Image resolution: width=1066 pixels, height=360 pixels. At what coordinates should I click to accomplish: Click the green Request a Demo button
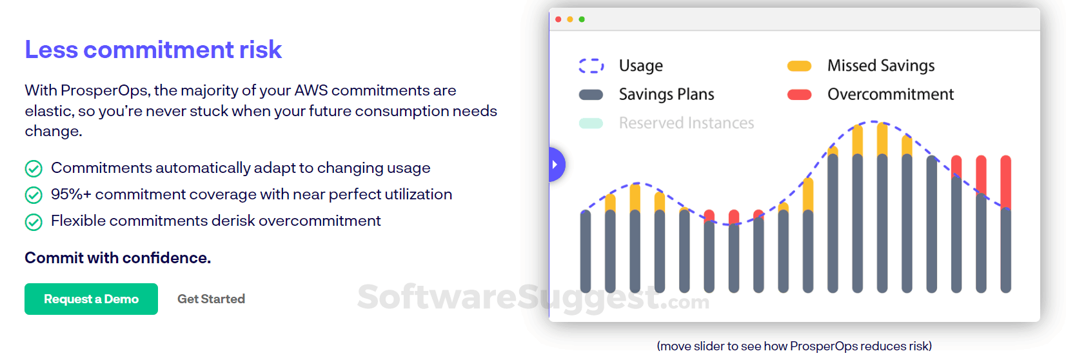point(91,299)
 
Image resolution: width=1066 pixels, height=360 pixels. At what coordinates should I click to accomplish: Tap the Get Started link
point(211,299)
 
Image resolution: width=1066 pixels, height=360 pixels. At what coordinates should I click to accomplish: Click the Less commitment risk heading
point(153,50)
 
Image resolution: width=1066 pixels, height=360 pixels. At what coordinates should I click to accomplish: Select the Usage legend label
point(640,66)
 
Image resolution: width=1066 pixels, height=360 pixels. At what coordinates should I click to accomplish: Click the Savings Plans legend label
point(666,94)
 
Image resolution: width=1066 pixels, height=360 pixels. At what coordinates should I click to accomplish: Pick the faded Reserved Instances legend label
point(686,123)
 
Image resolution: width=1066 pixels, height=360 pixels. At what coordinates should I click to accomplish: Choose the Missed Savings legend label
point(880,66)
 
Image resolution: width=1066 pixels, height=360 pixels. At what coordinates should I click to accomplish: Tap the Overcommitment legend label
point(890,94)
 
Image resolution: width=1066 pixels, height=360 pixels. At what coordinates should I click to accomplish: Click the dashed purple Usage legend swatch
point(591,66)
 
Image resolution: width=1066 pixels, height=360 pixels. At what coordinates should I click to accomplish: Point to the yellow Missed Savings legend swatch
point(799,66)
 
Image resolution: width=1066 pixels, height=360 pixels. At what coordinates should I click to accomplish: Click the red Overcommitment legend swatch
point(799,95)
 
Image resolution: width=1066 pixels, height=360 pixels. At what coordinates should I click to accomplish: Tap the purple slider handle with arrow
point(556,165)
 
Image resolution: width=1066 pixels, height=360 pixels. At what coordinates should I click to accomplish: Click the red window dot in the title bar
point(558,19)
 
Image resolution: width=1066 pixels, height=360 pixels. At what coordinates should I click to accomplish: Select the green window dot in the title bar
point(582,19)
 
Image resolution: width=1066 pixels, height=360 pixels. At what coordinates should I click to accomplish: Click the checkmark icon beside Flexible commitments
point(34,222)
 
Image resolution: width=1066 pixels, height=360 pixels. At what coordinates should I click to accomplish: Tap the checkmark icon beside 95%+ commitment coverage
point(34,195)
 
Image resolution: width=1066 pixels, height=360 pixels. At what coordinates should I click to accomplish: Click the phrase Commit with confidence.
point(118,258)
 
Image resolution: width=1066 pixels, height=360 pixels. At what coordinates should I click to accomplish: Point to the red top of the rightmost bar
point(1005,181)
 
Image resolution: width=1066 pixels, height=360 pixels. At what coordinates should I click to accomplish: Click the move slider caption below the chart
point(794,346)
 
